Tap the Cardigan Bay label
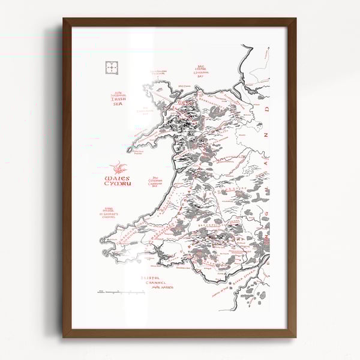point(157,184)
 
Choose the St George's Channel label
point(114,214)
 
